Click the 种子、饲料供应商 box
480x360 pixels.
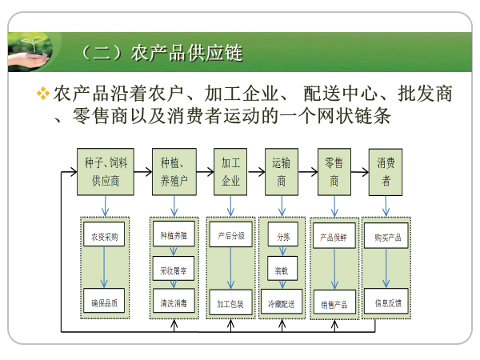105,171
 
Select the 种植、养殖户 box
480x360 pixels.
174,171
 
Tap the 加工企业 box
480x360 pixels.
230,171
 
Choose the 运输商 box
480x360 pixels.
282,171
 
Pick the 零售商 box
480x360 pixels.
334,171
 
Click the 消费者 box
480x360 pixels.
386,171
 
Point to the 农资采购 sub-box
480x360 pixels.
104,237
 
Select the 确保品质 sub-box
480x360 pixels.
104,303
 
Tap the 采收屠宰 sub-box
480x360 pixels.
174,270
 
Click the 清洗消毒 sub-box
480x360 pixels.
174,303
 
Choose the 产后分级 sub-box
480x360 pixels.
231,237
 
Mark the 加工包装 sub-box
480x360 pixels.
231,303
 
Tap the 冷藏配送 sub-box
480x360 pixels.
282,303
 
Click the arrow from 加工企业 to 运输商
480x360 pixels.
256,171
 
